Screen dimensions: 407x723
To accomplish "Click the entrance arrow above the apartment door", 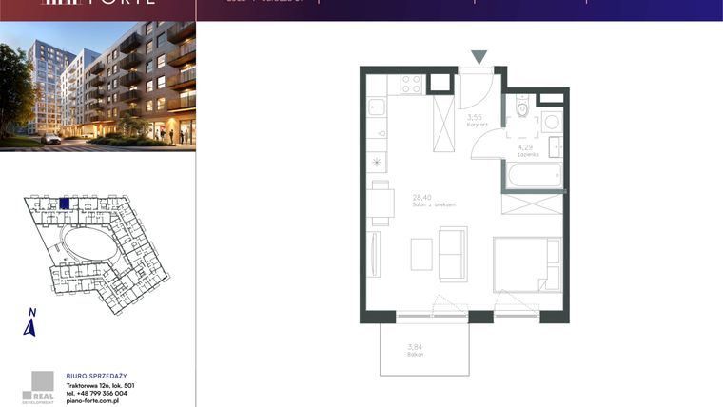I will pos(480,57).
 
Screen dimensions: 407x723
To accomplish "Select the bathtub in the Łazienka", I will pos(534,174).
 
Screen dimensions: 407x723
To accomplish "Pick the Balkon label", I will pos(415,354).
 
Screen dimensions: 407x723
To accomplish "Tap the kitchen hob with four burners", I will pos(411,84).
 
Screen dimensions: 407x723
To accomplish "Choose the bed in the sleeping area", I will pos(527,262).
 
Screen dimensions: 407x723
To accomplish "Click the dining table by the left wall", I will pos(381,202).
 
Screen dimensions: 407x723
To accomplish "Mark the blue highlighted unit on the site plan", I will pos(65,203).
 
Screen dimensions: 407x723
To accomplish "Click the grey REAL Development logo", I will pos(40,385).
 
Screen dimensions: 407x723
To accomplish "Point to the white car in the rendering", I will pos(51,139).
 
